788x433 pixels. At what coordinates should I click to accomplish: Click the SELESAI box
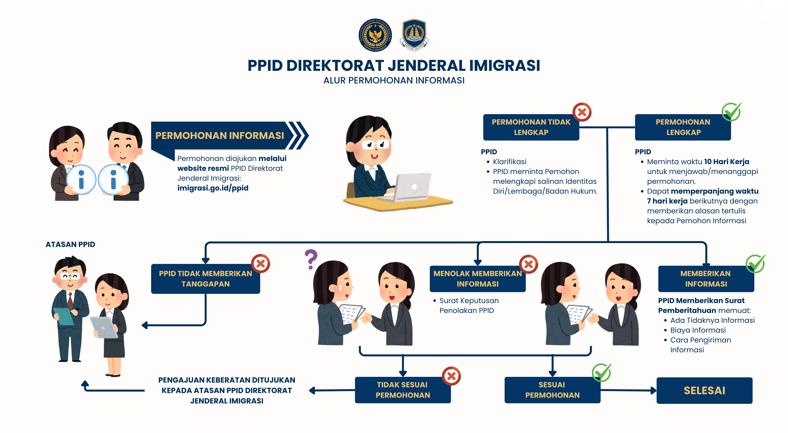pos(704,390)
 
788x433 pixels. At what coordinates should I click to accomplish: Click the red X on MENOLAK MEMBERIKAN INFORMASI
pos(528,264)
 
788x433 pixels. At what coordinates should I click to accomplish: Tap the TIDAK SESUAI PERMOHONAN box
pos(402,390)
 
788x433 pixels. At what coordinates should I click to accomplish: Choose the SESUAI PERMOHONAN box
pos(552,390)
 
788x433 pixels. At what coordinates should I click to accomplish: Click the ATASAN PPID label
pos(70,244)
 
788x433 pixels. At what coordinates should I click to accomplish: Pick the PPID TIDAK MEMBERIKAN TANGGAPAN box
pos(205,279)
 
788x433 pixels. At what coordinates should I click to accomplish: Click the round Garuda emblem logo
pos(375,35)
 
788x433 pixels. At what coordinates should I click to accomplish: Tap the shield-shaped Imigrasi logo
pos(414,34)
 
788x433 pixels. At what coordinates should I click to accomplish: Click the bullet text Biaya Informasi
pos(698,330)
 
